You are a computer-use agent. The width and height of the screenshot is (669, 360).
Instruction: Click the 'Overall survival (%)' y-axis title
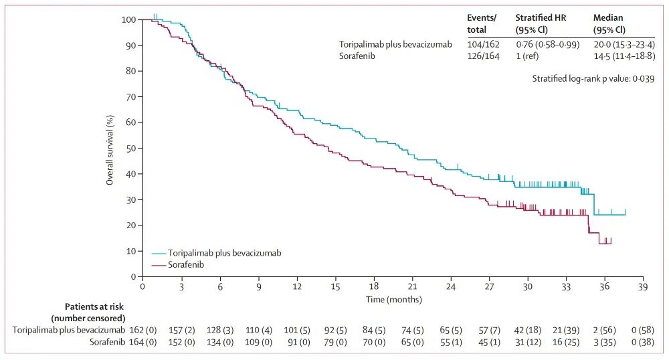click(110, 149)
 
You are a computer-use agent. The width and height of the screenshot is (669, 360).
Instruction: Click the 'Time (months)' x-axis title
click(392, 298)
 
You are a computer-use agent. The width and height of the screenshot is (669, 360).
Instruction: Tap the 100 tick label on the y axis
click(128, 19)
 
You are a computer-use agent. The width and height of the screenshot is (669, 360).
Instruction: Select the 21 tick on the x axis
click(412, 286)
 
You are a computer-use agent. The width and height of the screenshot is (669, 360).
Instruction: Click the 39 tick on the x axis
click(643, 286)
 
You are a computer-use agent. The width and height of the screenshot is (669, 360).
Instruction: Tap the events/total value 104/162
click(483, 44)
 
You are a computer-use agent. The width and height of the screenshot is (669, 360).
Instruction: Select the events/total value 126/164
click(483, 56)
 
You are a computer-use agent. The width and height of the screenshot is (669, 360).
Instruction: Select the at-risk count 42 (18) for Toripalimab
click(528, 329)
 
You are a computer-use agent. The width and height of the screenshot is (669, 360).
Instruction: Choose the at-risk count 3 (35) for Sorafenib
click(604, 342)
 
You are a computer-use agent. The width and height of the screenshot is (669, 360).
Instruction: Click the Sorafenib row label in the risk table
click(107, 342)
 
